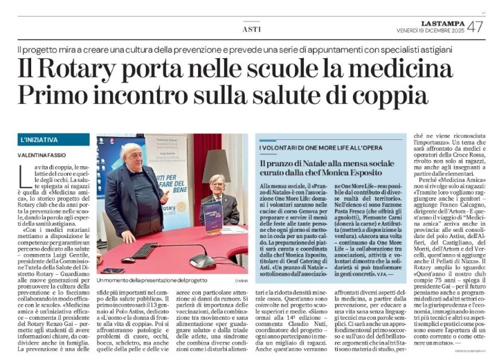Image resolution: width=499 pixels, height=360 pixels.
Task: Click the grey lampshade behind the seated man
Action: [216, 163]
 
